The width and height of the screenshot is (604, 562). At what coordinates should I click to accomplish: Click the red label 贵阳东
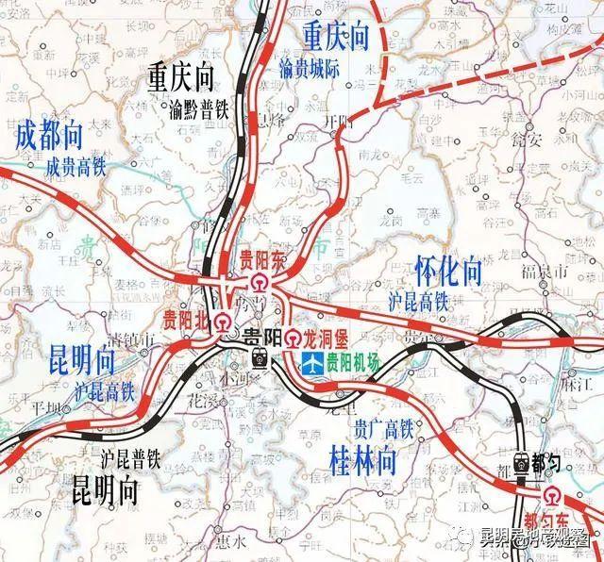point(260,258)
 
